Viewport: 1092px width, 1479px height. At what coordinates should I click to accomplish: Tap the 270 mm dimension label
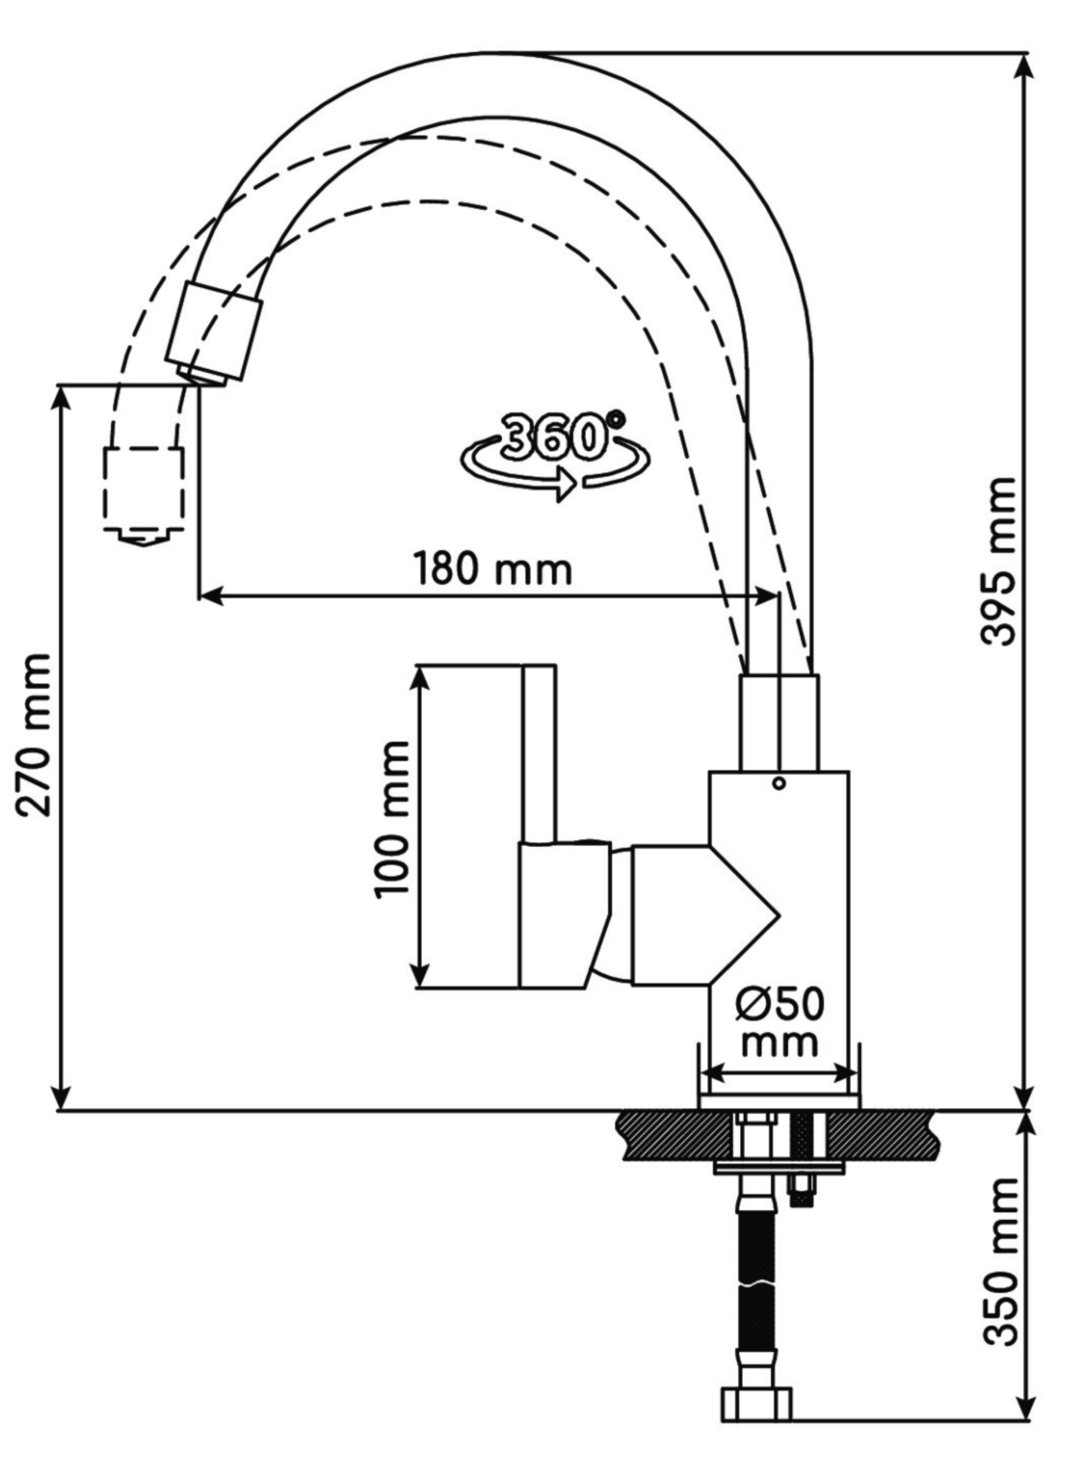34,735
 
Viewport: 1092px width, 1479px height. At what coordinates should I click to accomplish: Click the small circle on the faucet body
779,784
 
